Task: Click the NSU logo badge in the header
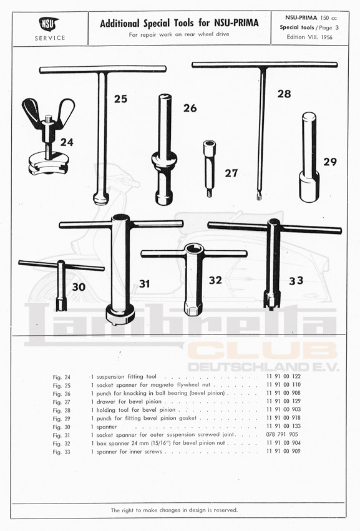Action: tap(49, 24)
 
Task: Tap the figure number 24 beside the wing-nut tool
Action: tap(67, 142)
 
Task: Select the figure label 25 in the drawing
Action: tap(120, 99)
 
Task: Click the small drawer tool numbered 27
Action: tap(208, 168)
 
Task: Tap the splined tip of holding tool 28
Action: tap(259, 196)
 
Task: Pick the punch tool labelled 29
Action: tap(309, 157)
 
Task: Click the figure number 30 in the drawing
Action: tap(79, 287)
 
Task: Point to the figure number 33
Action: tap(296, 280)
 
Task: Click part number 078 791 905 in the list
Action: tap(282, 434)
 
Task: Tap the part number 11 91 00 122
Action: tap(283, 376)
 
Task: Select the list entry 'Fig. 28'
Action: tap(61, 410)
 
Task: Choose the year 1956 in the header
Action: tap(326, 37)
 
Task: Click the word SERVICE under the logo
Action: tap(50, 38)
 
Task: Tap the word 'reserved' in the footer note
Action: tap(226, 510)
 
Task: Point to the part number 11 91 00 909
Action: tap(283, 451)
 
